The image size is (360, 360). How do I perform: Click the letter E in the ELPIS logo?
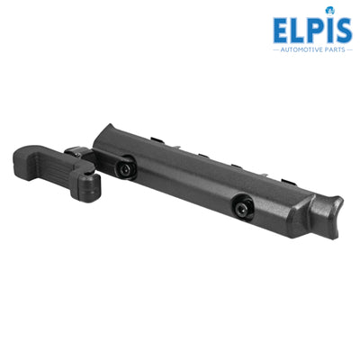[x=282, y=31]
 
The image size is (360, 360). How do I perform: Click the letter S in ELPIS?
[x=344, y=31]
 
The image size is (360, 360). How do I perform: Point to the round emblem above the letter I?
[x=330, y=11]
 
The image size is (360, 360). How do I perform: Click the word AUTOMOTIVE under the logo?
[x=302, y=49]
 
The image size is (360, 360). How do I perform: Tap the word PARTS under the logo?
[x=336, y=49]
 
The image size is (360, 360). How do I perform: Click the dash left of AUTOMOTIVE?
[x=276, y=49]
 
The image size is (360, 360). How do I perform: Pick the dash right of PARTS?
[x=349, y=49]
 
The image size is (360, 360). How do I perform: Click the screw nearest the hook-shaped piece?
[x=124, y=169]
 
